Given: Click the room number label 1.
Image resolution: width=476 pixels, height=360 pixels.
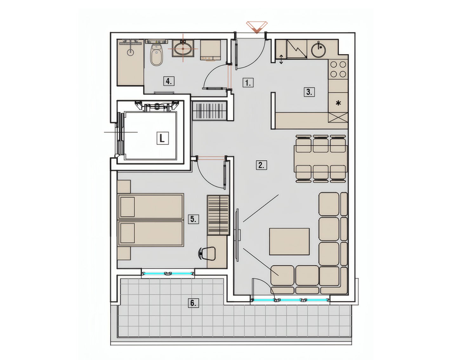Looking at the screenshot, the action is click(248, 82).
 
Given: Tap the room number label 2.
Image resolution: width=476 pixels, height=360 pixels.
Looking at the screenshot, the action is click(261, 165).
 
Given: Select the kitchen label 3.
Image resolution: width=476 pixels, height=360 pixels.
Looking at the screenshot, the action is click(309, 92).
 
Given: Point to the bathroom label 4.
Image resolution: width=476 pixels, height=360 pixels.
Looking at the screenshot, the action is click(169, 81).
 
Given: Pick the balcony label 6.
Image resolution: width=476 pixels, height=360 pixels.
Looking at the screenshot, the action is click(193, 303).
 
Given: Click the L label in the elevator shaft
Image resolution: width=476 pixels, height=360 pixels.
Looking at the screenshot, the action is click(162, 138).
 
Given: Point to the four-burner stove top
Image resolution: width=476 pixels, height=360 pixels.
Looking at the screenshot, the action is click(338, 69).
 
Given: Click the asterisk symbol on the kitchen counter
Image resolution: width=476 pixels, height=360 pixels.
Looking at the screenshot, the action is click(338, 103).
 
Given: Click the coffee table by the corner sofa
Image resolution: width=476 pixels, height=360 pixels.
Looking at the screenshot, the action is click(289, 241).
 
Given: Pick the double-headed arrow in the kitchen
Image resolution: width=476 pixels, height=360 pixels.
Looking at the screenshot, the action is click(281, 59).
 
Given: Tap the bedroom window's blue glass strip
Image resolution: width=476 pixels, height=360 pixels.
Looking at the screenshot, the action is click(168, 273).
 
